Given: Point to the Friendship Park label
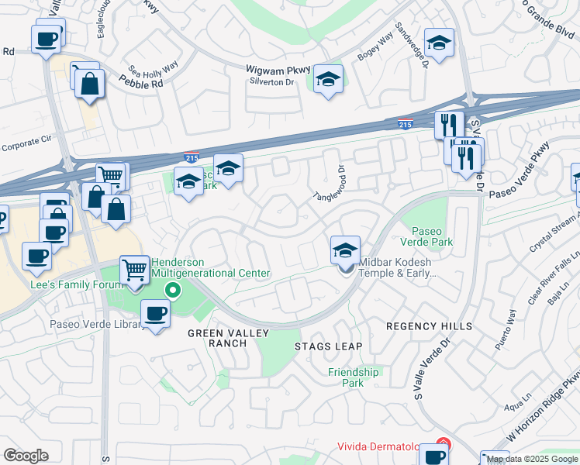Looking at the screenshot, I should coord(353,377).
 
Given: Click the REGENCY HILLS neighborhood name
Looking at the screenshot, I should coord(429,327).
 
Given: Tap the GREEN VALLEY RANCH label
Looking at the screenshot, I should coord(228,339).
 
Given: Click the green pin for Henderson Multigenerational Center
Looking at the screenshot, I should coord(173,291).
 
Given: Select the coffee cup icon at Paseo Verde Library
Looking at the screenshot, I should coord(156,313).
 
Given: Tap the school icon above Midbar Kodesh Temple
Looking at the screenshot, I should coord(345,250).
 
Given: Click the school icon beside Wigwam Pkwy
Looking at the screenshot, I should coord(328,78).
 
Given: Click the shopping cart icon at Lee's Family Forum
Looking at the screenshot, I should coord(135,270).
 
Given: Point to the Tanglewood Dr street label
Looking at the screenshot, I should coord(339,181).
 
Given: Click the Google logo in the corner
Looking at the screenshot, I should coord(26,456).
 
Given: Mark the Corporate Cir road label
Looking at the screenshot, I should coord(26,144).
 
